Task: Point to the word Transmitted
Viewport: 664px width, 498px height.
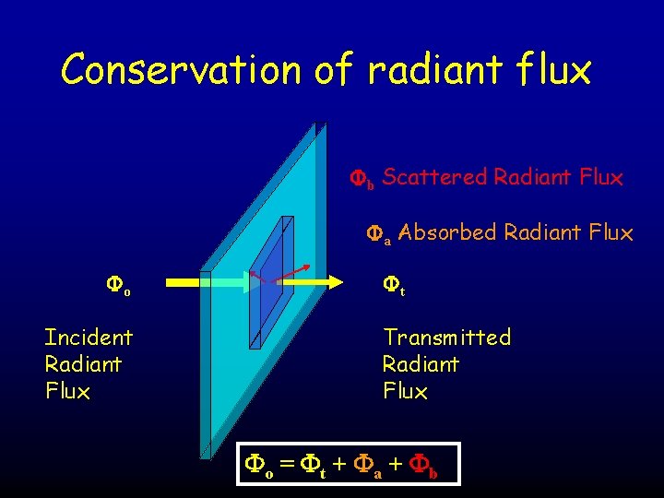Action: [x=447, y=338]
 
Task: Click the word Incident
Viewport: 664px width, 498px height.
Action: [x=89, y=338]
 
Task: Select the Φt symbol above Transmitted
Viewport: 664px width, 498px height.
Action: [x=394, y=290]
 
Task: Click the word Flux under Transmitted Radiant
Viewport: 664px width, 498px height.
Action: [x=406, y=392]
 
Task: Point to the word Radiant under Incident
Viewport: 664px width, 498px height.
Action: [x=83, y=364]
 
